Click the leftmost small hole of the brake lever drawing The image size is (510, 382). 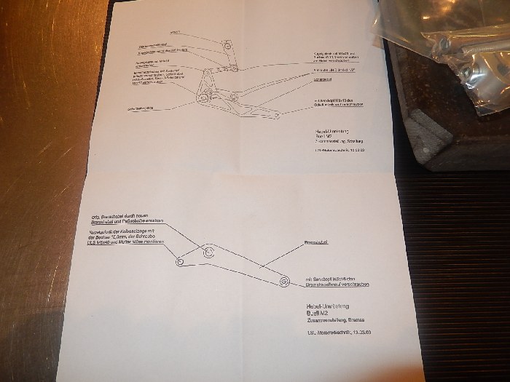click(180, 260)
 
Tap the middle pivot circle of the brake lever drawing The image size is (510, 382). click(209, 252)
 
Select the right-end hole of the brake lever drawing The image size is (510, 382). click(280, 279)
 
